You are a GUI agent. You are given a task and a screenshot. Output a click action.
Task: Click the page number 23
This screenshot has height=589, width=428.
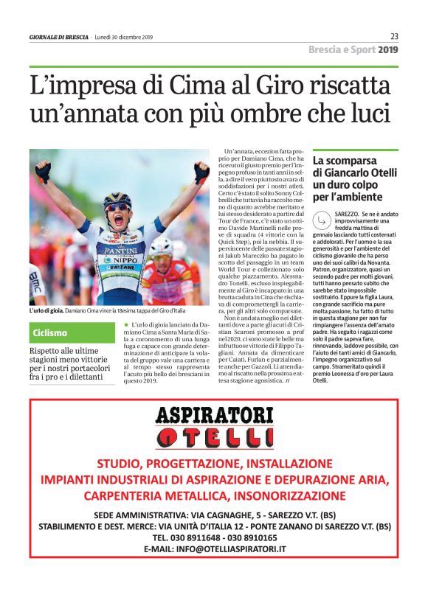pos(394,37)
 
